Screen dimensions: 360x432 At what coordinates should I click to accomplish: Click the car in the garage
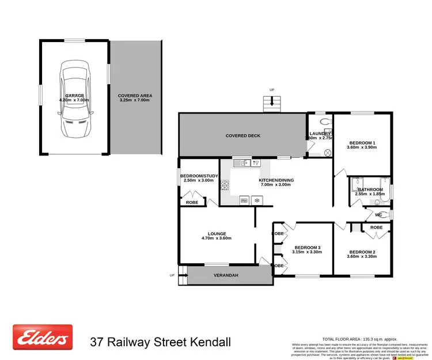[74, 101]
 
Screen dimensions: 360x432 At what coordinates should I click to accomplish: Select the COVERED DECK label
[242, 136]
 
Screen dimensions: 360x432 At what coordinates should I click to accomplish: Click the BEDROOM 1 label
[362, 143]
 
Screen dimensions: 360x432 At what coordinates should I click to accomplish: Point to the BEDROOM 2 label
[362, 252]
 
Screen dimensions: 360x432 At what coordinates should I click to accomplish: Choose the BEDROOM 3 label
[306, 248]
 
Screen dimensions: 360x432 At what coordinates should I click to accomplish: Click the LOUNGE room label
[217, 234]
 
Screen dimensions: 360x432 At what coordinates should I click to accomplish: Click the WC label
[378, 215]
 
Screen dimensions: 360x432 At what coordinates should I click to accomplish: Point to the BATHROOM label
[370, 190]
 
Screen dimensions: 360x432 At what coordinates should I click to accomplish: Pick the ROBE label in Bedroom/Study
[192, 203]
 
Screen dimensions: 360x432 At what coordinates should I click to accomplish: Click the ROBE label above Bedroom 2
[376, 228]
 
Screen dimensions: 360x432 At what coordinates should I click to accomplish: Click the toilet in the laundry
[326, 122]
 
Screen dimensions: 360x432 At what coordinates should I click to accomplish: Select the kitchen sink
[245, 163]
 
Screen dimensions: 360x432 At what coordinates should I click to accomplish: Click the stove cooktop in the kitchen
[225, 184]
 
